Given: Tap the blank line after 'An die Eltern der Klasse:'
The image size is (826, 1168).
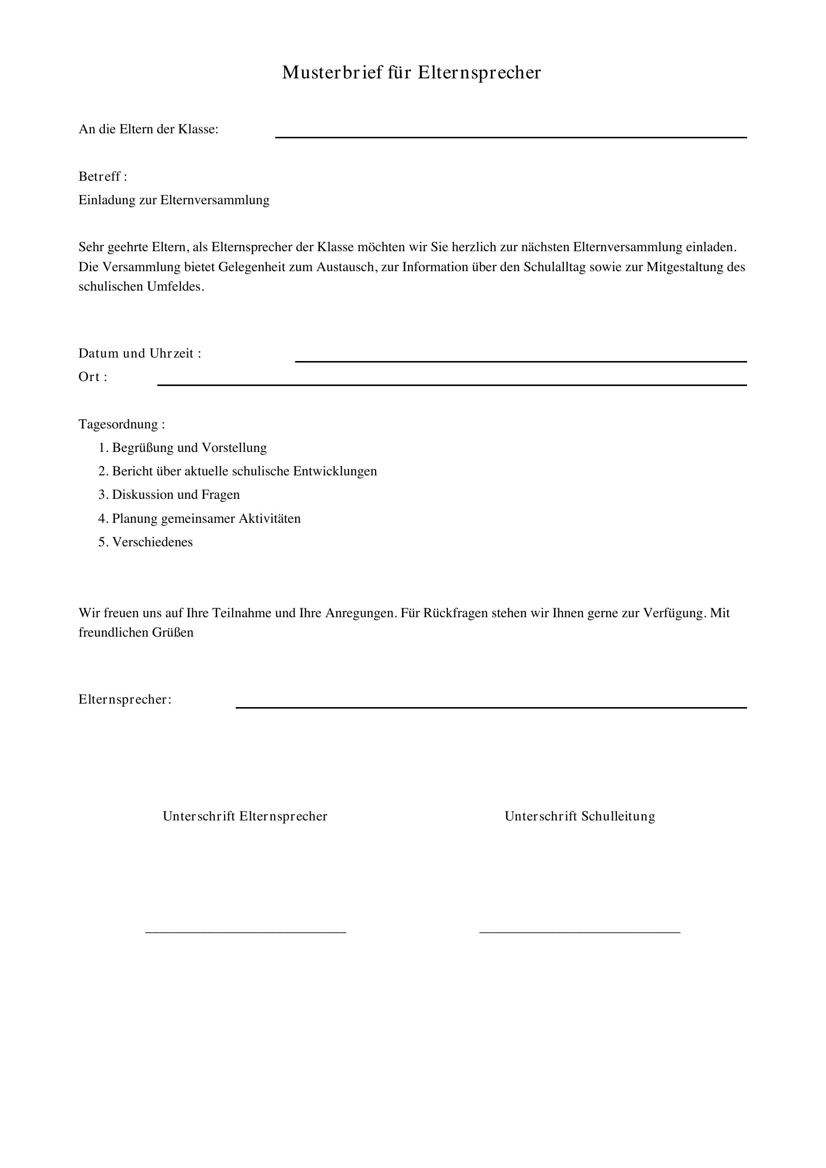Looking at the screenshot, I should pos(511,136).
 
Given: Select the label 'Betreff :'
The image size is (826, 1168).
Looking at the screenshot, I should pos(103,176).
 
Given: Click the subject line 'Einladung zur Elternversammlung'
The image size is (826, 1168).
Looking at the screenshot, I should pos(174,200).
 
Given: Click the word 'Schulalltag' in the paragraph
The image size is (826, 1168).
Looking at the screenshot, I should pos(554,267).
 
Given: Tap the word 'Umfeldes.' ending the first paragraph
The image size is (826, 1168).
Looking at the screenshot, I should pos(176,287).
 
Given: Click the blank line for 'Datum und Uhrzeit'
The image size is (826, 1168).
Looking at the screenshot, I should pos(521,361).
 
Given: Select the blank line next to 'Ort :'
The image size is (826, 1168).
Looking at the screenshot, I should pos(451,385).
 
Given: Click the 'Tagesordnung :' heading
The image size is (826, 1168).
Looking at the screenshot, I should pos(121,424).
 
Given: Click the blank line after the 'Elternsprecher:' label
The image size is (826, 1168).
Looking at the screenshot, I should pos(491,707).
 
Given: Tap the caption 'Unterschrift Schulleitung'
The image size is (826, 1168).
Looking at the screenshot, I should pos(580,816).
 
